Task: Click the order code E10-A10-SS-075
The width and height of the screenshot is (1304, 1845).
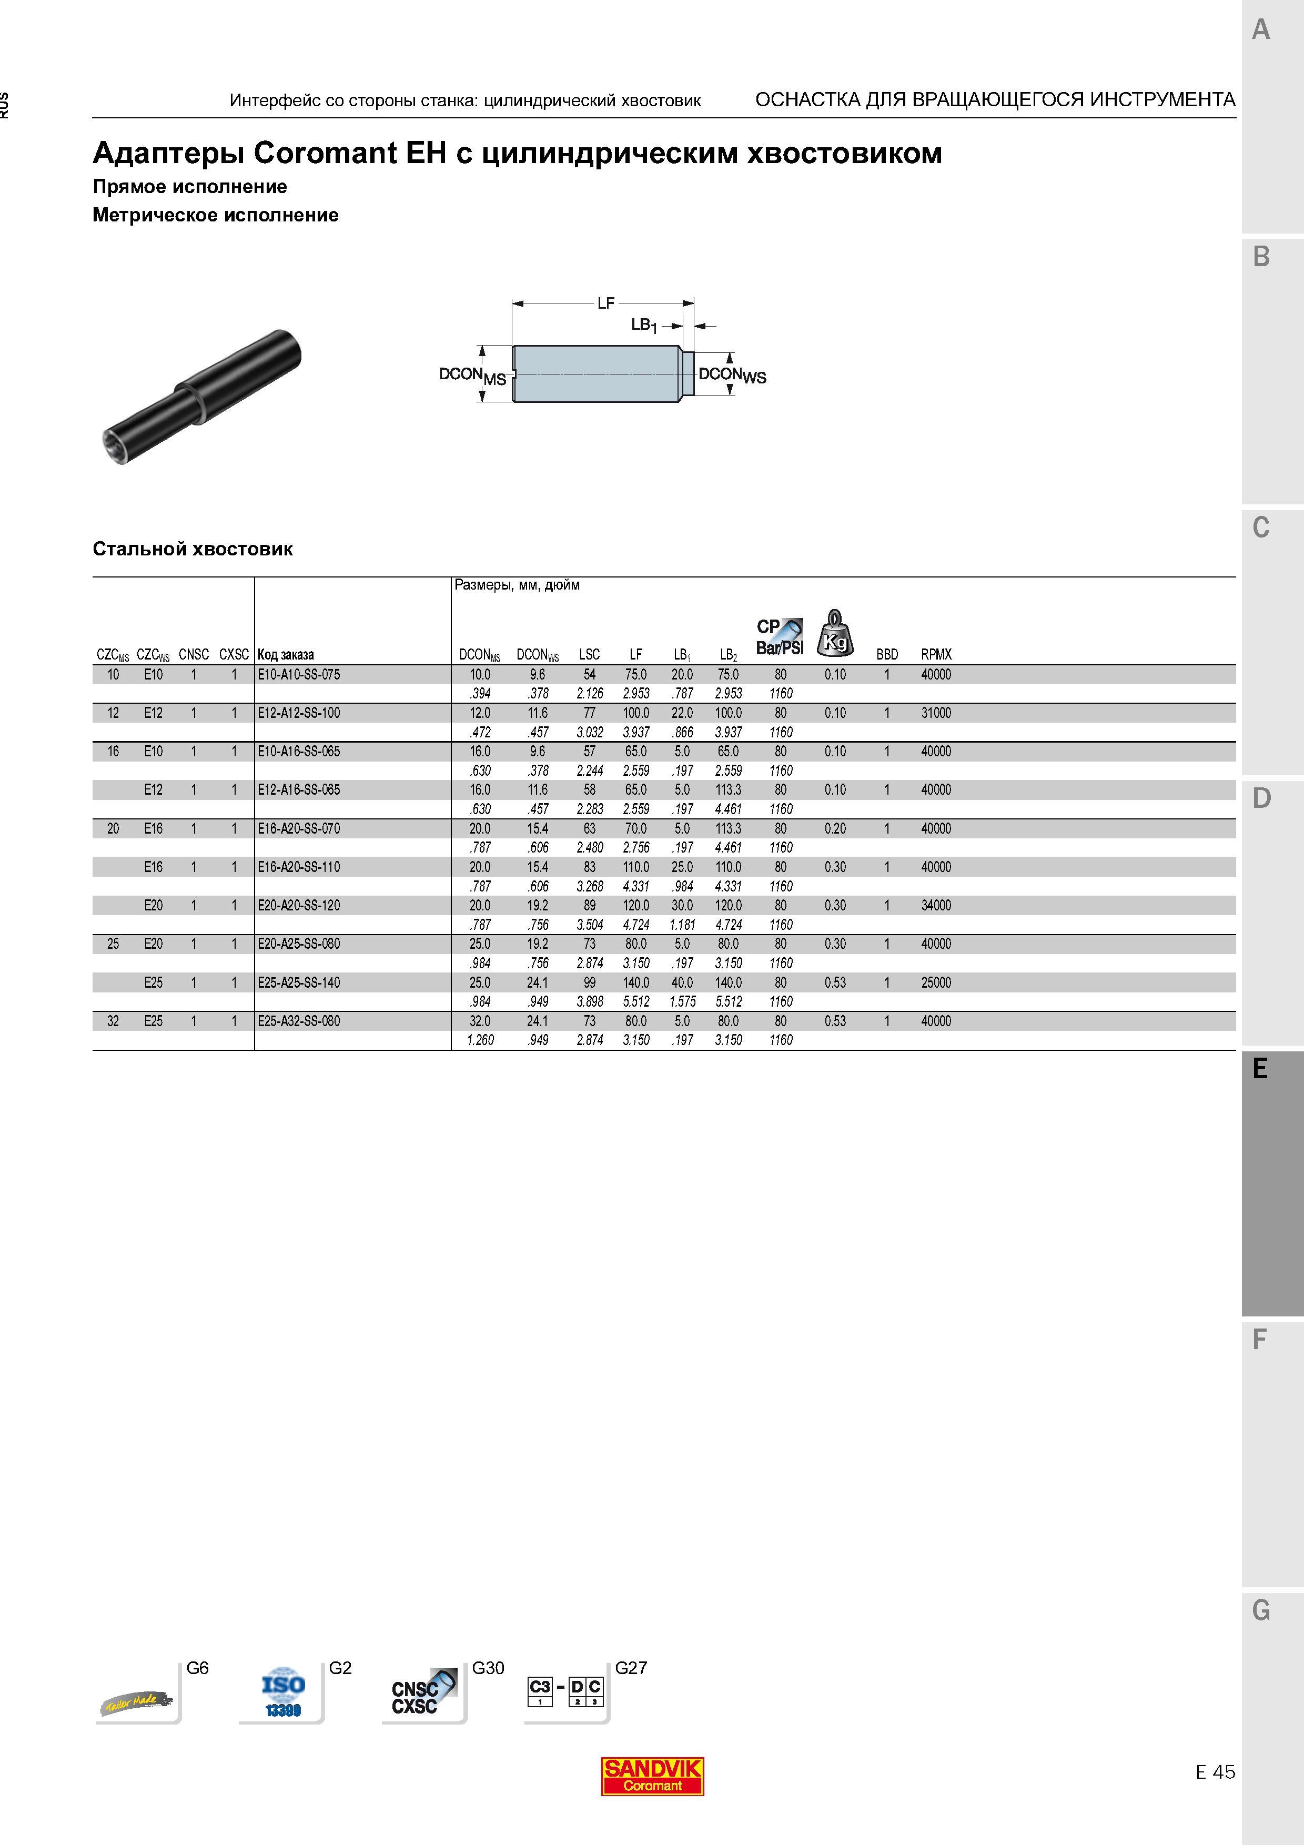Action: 299,675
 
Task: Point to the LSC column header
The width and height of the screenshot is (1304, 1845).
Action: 589,655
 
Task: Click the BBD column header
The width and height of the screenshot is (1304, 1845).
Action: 887,655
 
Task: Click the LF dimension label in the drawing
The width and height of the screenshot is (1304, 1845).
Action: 606,303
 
